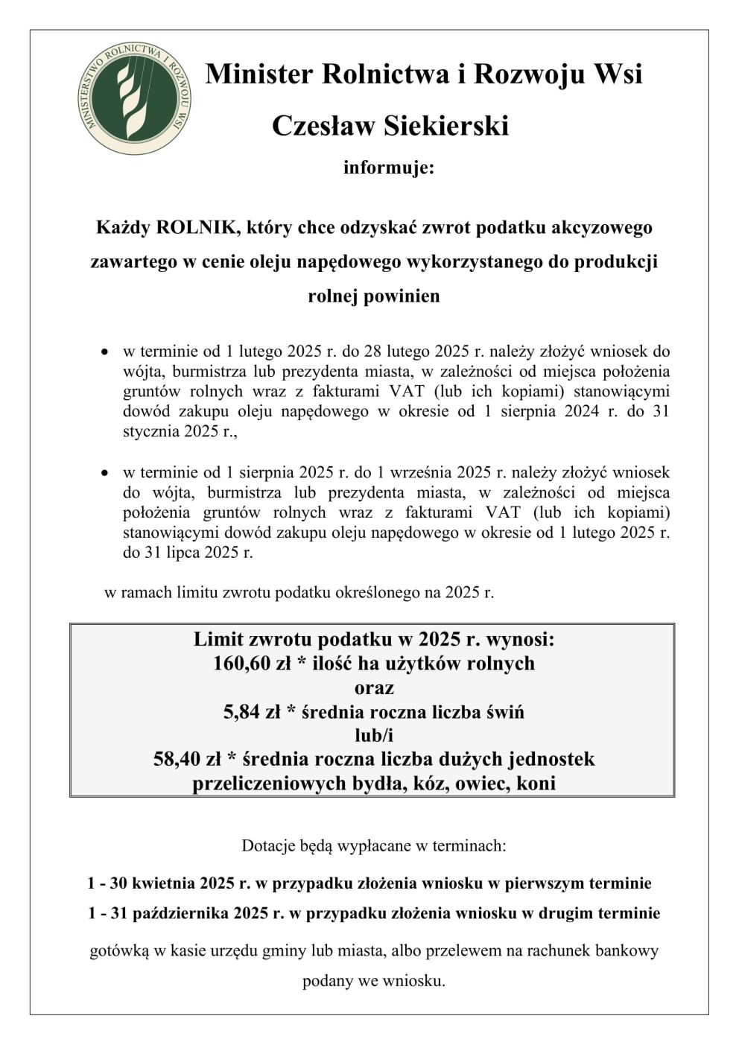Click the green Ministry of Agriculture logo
coord(134,98)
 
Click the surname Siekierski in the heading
coord(446,125)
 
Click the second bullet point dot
coord(106,473)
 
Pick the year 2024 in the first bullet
coord(583,410)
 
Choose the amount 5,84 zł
coord(256,711)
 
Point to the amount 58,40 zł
coord(187,759)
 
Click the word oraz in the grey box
coord(374,687)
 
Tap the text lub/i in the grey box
coord(374,735)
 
